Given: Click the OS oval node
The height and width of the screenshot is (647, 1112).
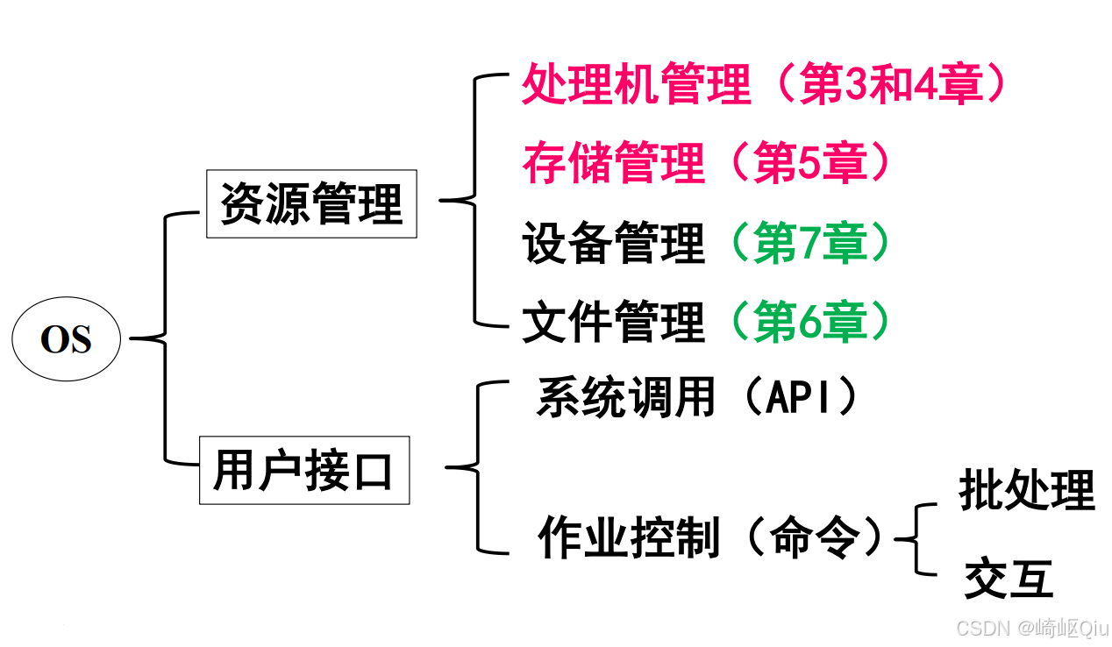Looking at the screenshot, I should [66, 339].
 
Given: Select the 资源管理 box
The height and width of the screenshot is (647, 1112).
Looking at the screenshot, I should [311, 204].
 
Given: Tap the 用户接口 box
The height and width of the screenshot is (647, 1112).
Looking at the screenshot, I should [303, 471].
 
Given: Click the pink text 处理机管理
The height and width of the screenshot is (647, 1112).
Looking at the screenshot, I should [636, 86].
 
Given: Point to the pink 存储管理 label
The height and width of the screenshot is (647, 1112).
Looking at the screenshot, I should [613, 163].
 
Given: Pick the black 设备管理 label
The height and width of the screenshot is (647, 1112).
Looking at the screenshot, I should [613, 243].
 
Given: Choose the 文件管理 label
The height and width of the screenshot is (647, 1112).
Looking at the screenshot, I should [613, 322].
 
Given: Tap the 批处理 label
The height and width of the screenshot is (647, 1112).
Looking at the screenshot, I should [1027, 490].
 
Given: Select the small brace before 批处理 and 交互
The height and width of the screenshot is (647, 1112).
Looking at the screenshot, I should [916, 539].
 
